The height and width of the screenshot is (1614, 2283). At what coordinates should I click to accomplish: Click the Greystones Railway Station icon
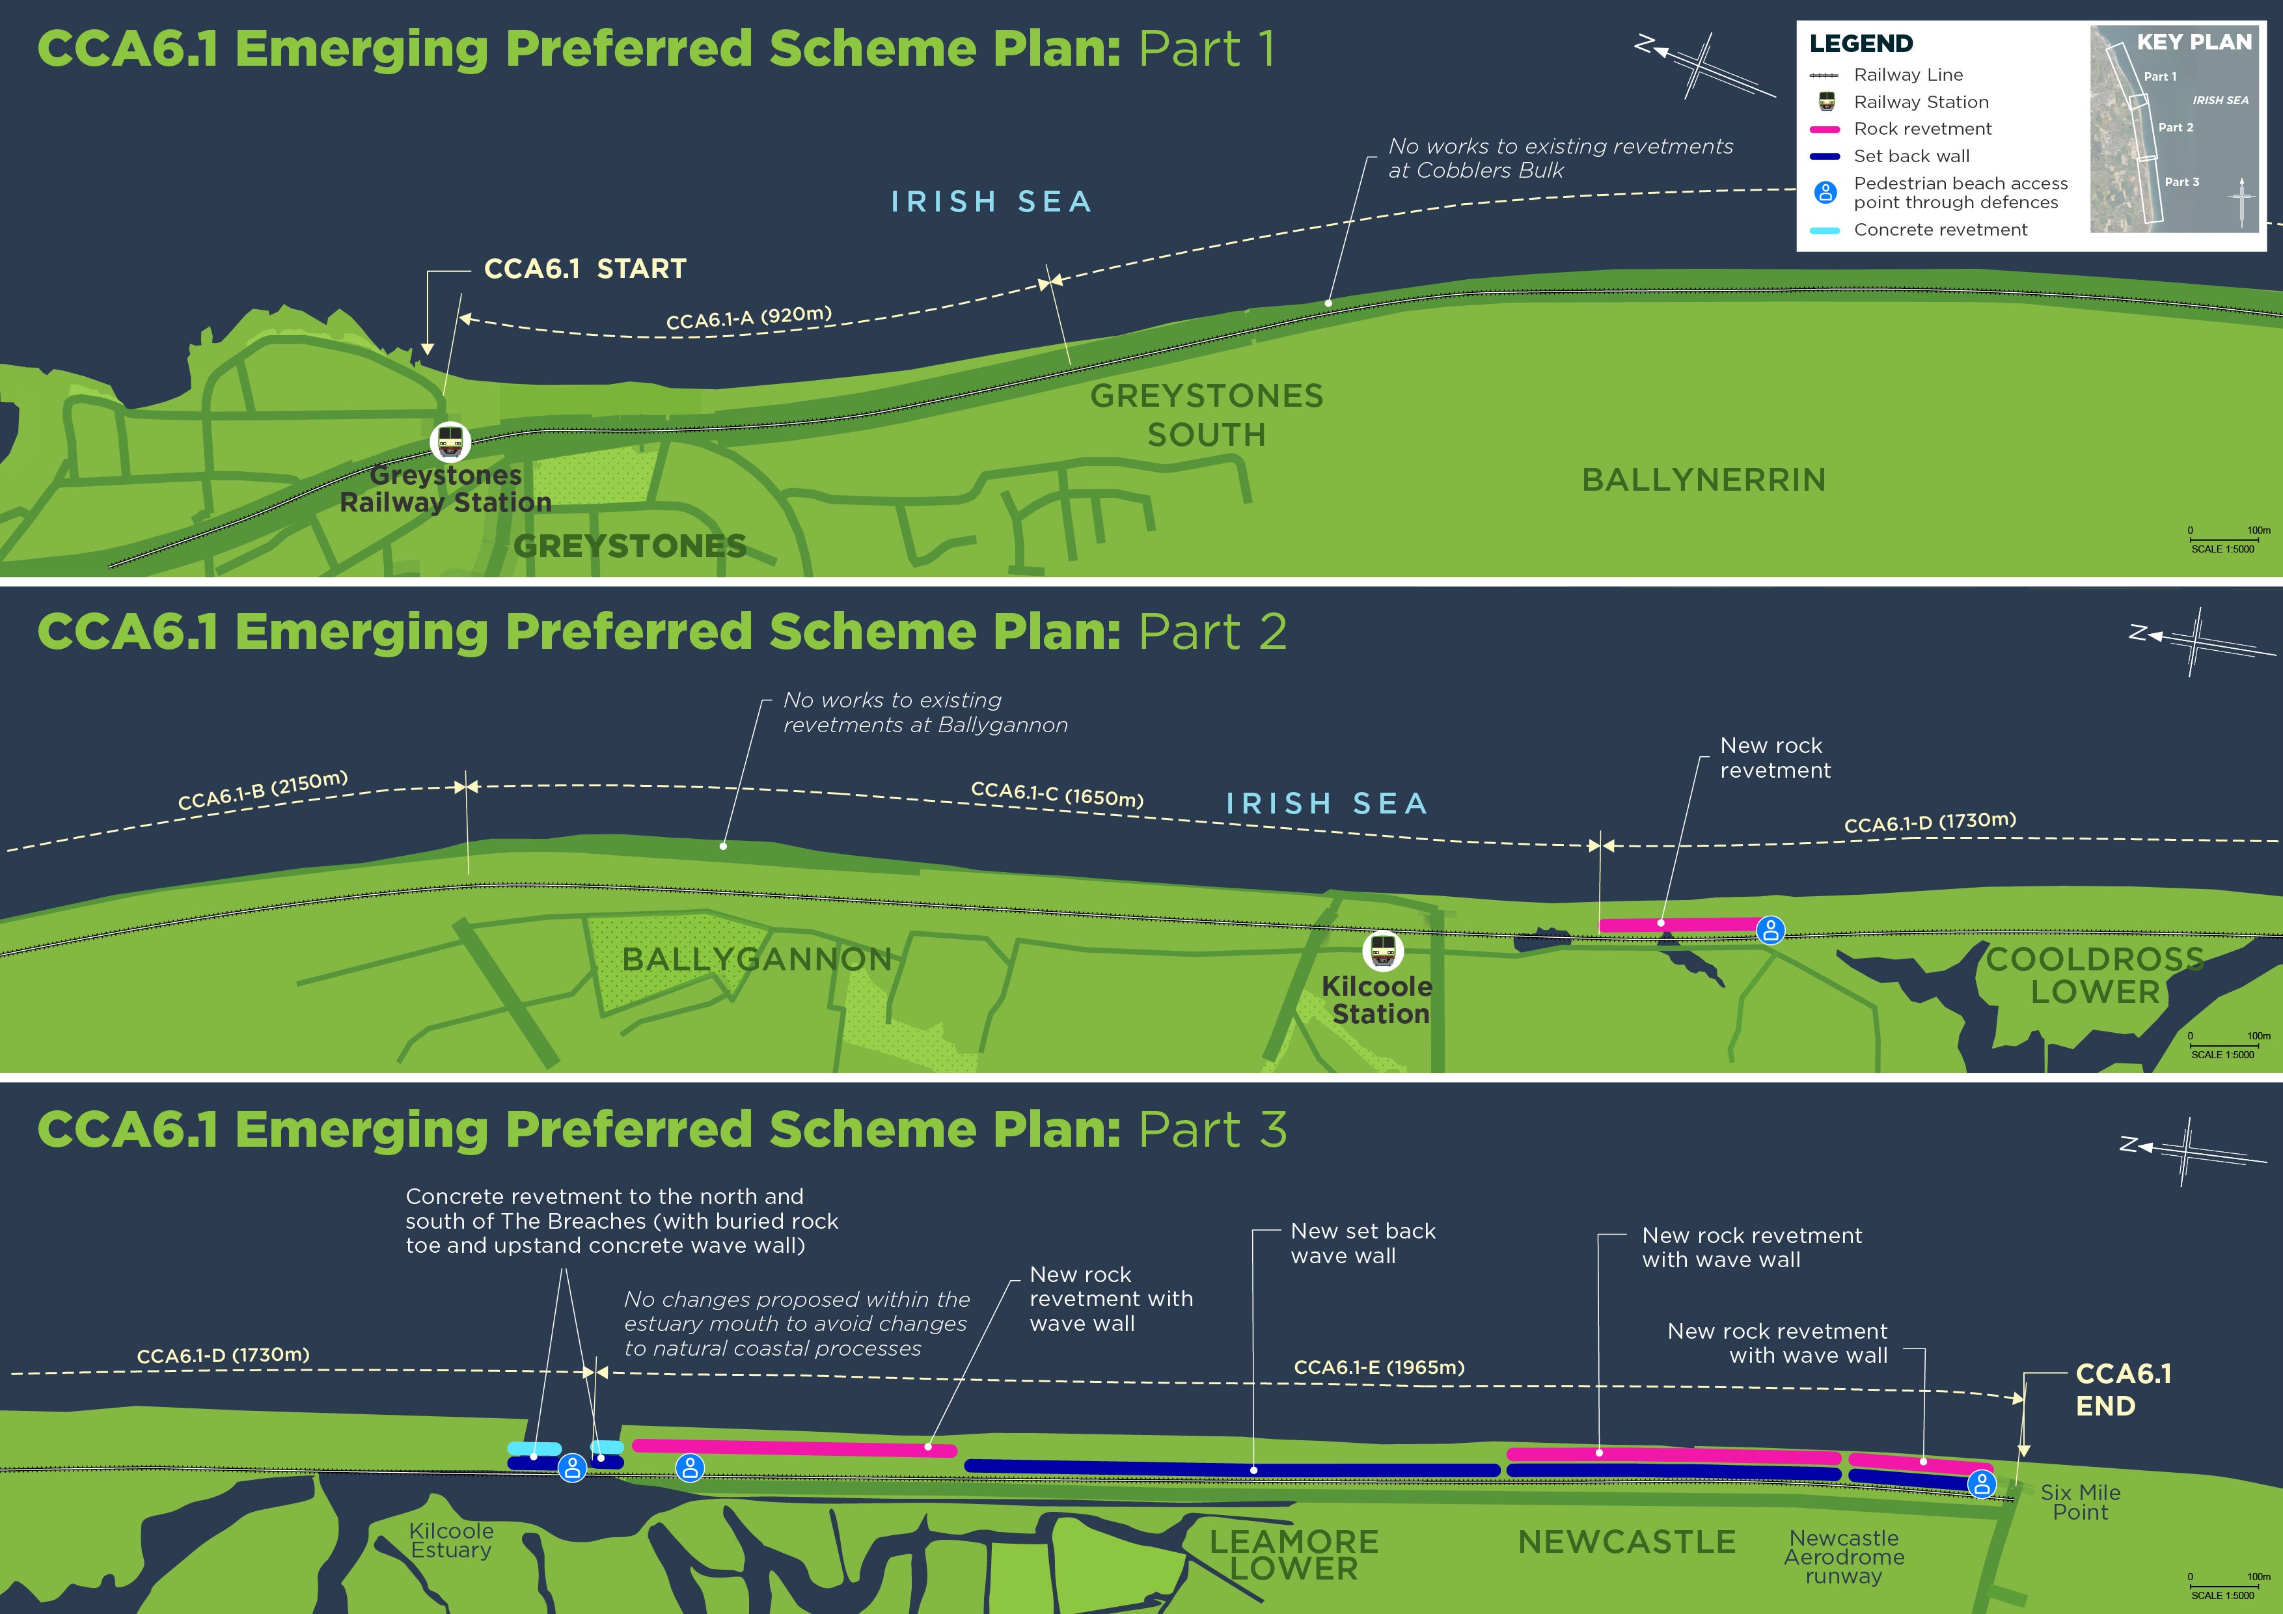[450, 441]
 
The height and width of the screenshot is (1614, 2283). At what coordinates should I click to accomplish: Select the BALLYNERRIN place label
[1703, 480]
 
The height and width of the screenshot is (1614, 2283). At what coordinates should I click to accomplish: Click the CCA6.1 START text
[584, 269]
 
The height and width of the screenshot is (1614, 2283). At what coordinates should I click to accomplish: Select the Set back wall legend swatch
[1825, 156]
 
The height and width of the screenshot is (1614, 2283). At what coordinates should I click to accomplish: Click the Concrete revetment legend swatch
[1825, 230]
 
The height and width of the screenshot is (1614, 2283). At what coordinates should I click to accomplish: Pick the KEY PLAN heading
[2193, 42]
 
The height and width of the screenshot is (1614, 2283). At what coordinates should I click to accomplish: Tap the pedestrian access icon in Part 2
[1771, 930]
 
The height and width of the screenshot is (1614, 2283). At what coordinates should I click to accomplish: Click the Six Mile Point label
[2080, 1501]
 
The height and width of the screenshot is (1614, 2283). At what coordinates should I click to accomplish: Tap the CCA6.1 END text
[2123, 1389]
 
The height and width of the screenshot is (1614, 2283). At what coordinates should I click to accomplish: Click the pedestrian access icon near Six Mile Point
[1982, 1484]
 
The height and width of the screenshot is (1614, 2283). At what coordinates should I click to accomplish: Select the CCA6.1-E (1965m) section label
[1379, 1367]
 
